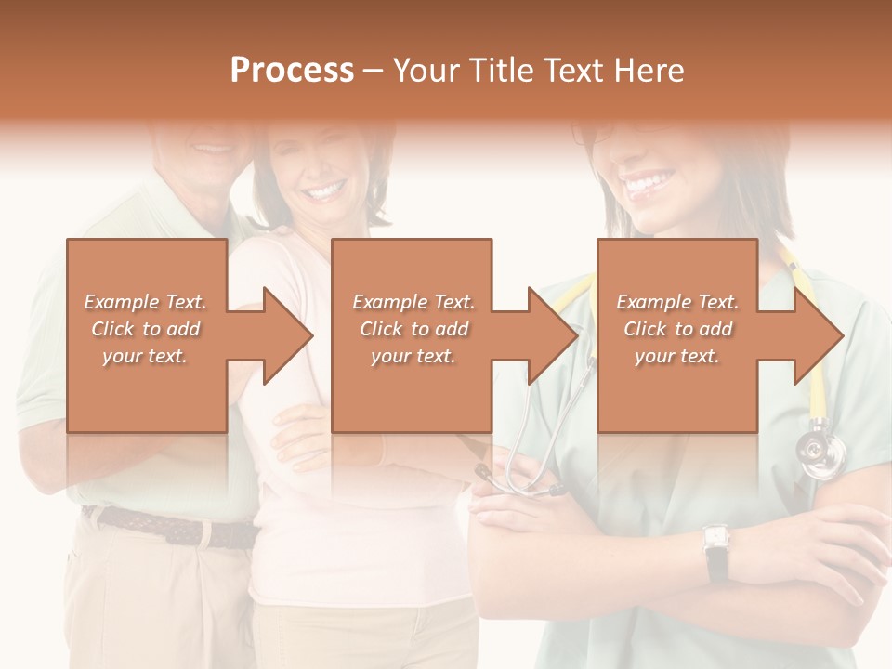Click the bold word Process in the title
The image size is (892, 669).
[x=292, y=71]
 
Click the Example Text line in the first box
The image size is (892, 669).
[x=146, y=302]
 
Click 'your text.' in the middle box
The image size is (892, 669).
[x=413, y=356]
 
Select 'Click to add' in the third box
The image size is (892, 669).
[x=677, y=329]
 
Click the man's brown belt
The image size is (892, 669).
[x=167, y=526]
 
